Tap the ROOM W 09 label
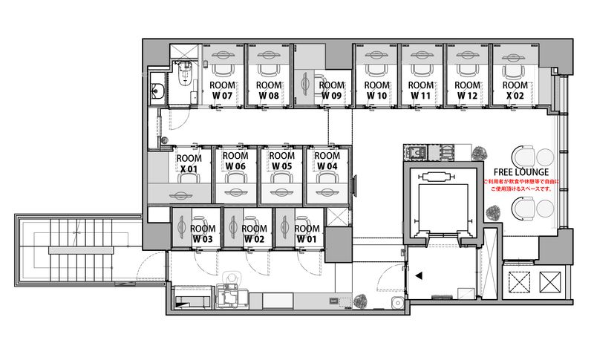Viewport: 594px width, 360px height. click(331, 91)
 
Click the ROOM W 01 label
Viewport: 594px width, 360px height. click(307, 235)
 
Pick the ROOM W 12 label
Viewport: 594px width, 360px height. click(467, 91)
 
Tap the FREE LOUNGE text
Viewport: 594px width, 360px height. click(520, 172)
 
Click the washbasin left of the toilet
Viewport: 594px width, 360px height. click(157, 91)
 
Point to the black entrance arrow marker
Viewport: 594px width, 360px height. click(419, 275)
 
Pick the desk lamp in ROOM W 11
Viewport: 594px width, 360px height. click(421, 55)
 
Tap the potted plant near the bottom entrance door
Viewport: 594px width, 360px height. click(363, 301)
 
